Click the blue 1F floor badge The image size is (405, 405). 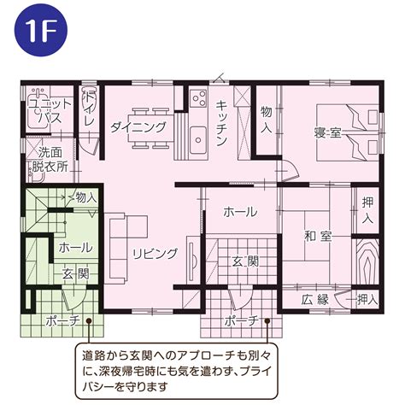coord(41,30)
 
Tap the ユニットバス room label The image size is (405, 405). coord(50,111)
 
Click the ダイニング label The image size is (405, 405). coord(138,127)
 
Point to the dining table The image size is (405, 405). coord(151,128)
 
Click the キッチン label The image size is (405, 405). coord(221,123)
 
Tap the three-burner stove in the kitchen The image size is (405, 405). coord(198,98)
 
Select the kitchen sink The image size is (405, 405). coord(198,139)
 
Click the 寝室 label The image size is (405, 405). coord(327,133)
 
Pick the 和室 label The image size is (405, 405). coord(318,236)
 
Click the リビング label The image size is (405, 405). coord(156,253)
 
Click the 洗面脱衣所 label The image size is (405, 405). coord(50,160)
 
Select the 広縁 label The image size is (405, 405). coord(315,300)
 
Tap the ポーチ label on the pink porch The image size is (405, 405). coord(242,321)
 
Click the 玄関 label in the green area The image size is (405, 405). coord(76,274)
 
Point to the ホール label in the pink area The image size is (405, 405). coord(240,212)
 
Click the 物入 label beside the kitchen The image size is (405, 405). coord(267,120)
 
